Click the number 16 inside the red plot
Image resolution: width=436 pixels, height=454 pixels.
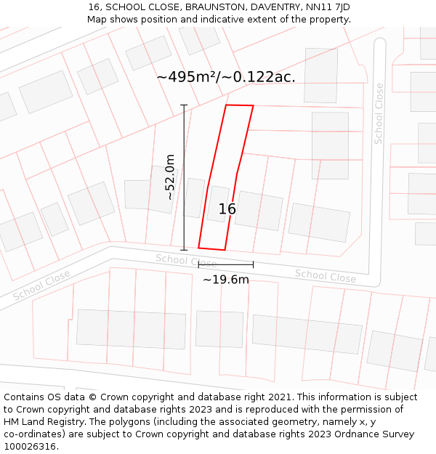[x=227, y=209]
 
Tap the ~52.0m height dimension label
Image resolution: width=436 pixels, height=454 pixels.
[x=170, y=177]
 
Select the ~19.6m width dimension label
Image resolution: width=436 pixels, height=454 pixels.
[x=225, y=280]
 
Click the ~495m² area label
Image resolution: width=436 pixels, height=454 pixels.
[x=225, y=77]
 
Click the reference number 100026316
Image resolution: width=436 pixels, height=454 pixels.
[x=30, y=447]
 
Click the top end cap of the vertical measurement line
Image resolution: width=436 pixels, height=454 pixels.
[x=184, y=105]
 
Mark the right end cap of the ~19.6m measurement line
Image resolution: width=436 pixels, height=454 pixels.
[x=253, y=264]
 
